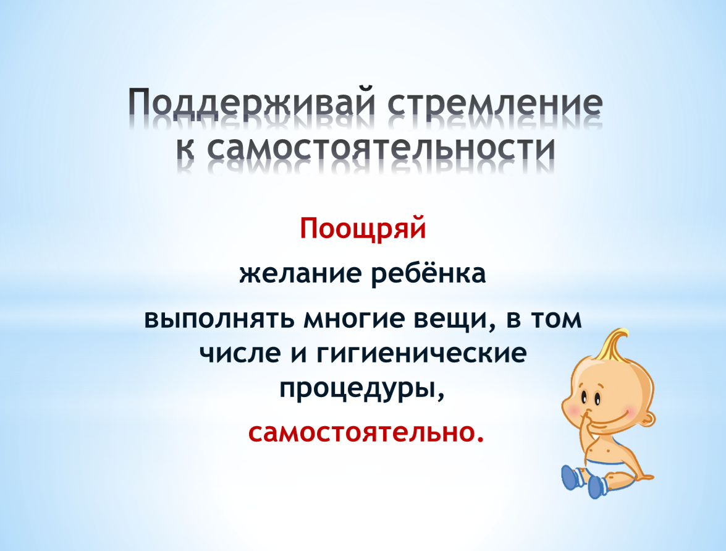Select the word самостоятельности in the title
click(381, 148)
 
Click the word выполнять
click(219, 320)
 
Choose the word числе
click(240, 354)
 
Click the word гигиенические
click(422, 354)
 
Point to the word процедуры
click(361, 388)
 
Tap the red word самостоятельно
click(366, 432)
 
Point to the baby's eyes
click(591, 398)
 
